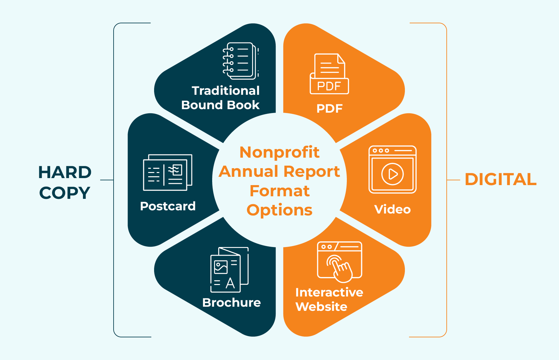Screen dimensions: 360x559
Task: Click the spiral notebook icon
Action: (240, 61)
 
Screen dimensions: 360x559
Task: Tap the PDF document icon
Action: (329, 74)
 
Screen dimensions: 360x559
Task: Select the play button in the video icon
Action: (392, 174)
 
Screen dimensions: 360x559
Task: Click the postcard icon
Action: (168, 172)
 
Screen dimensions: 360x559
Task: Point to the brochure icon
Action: (229, 270)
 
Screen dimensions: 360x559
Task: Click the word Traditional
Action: (226, 91)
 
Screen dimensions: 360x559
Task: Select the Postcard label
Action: (168, 206)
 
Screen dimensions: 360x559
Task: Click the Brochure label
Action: (231, 303)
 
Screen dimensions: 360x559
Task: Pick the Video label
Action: (392, 209)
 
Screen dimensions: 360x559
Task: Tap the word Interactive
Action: (329, 292)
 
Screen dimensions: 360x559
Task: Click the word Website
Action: (321, 307)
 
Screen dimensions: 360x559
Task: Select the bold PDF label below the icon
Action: (329, 109)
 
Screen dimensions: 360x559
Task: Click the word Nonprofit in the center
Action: (279, 152)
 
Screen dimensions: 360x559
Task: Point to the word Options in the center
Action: (279, 210)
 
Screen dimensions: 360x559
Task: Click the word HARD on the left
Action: (65, 172)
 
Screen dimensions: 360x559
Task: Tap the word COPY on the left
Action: (65, 193)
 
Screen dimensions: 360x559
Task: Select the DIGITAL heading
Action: (500, 179)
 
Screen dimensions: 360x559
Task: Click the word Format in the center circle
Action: (279, 191)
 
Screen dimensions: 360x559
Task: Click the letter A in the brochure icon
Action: (230, 283)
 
